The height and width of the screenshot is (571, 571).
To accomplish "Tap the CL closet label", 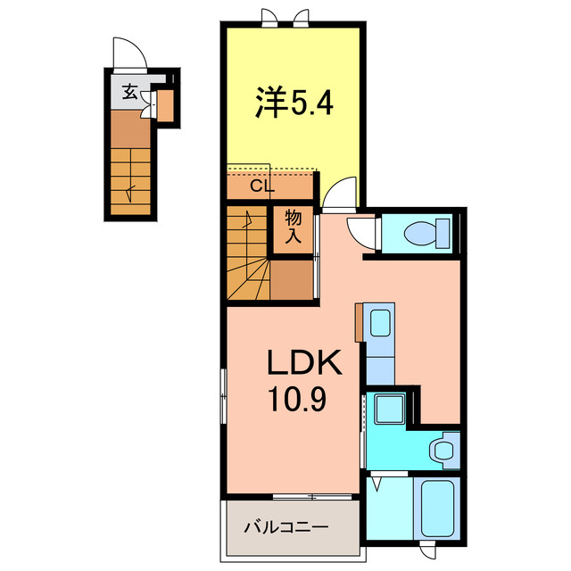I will [x=261, y=186].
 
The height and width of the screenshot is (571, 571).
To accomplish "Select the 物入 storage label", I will [x=293, y=228].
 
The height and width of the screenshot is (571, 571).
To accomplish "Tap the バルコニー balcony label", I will [x=286, y=525].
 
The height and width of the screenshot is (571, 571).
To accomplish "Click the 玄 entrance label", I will [x=130, y=91].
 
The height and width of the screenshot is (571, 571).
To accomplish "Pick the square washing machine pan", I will [x=390, y=410].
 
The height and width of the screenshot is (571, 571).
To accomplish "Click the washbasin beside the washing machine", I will [x=441, y=450].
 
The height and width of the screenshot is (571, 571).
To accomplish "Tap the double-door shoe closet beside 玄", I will [x=164, y=104].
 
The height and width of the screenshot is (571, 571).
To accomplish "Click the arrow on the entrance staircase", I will [x=131, y=189].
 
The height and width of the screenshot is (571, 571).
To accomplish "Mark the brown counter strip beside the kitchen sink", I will [x=359, y=322].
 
